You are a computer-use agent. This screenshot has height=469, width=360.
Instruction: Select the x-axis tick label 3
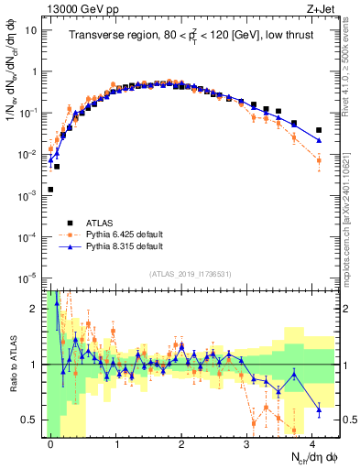tap(247, 443)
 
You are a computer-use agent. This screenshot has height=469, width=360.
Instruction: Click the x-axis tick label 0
tap(50, 443)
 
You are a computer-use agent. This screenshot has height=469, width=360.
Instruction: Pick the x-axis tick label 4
tap(313, 443)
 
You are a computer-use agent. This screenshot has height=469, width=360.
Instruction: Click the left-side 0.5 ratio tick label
tap(29, 420)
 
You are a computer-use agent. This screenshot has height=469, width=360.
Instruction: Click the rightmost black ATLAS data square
tap(319, 130)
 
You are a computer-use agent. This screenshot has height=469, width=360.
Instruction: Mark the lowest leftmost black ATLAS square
tap(50, 190)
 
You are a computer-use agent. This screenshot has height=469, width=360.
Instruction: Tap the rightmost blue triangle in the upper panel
tap(319, 140)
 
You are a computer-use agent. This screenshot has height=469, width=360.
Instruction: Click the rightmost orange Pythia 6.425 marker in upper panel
tap(319, 160)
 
